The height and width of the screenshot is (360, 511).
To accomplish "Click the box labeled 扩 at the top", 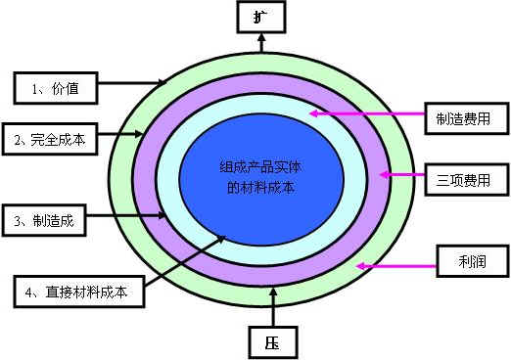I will tap(259, 18).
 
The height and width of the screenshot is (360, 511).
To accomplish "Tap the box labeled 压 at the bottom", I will tap(267, 342).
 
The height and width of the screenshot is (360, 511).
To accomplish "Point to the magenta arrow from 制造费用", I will tap(368, 115).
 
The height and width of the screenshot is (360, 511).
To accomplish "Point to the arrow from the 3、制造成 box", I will tap(131, 215).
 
